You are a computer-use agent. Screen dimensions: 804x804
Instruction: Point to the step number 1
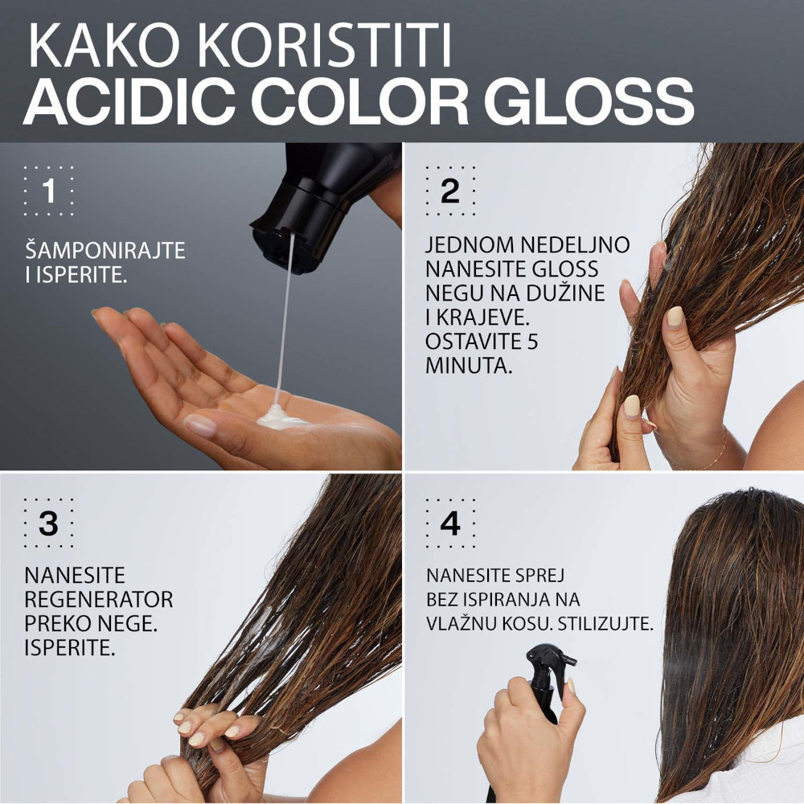click(49, 192)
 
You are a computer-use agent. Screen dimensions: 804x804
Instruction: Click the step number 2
click(449, 192)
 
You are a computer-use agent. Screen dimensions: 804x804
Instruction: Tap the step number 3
click(49, 523)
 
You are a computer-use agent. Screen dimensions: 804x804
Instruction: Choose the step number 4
click(449, 523)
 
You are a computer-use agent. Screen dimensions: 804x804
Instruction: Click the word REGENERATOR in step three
click(99, 600)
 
